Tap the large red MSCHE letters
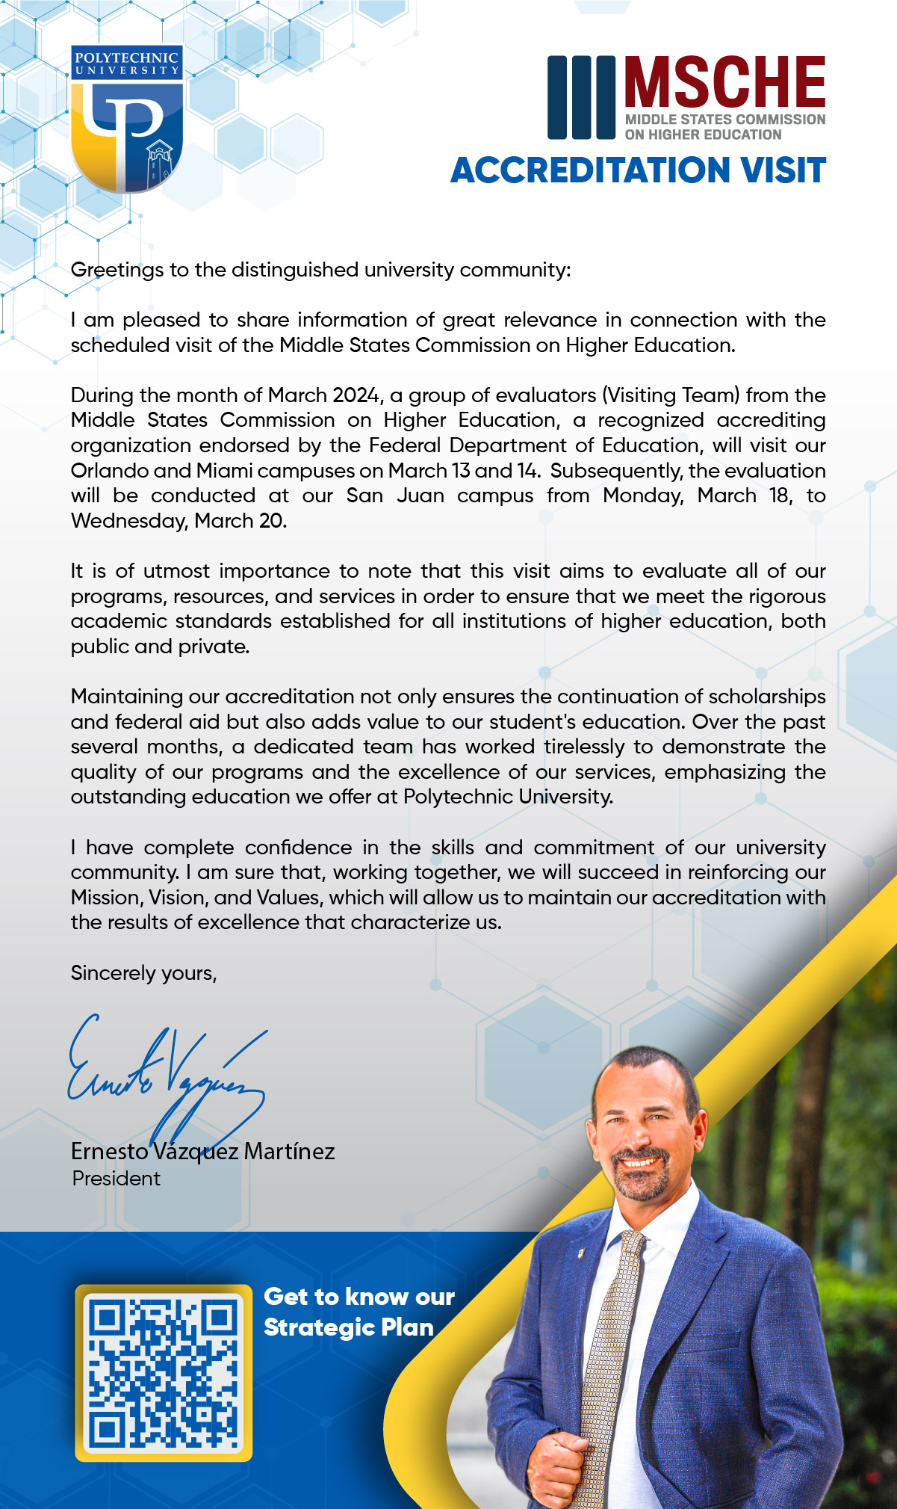pyautogui.click(x=724, y=82)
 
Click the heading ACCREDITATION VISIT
pyautogui.click(x=638, y=170)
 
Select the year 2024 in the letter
pyautogui.click(x=356, y=395)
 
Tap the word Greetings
pyautogui.click(x=117, y=270)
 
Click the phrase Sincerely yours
pyautogui.click(x=143, y=972)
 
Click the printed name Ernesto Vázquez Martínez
pyautogui.click(x=202, y=1151)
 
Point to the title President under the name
pyautogui.click(x=116, y=1179)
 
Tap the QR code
pyautogui.click(x=164, y=1372)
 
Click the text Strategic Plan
pyautogui.click(x=348, y=1327)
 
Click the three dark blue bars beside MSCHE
pyautogui.click(x=581, y=97)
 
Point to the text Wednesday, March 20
pyautogui.click(x=179, y=521)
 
